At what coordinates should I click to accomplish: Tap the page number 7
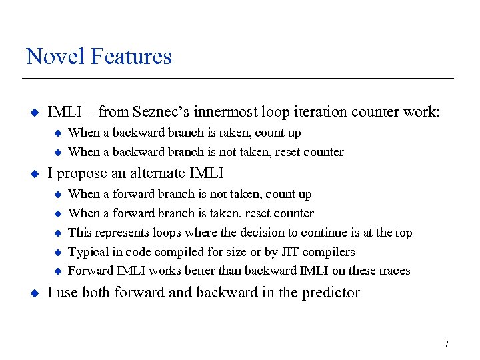[446, 344]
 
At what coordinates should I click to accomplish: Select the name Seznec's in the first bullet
[159, 112]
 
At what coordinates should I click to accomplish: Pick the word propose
[81, 173]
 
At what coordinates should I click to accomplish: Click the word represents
[119, 233]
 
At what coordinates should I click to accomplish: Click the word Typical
[89, 252]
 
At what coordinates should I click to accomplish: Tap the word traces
[393, 271]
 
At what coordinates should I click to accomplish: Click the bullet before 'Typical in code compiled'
[57, 252]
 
